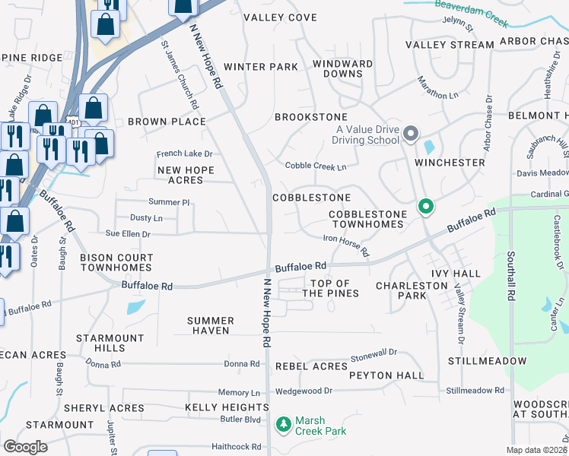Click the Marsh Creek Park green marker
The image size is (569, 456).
click(x=284, y=423)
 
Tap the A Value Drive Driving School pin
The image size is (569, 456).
click(x=412, y=135)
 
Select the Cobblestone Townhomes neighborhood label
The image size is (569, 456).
click(x=366, y=220)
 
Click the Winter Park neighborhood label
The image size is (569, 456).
click(x=261, y=67)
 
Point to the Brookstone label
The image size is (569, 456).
click(x=310, y=117)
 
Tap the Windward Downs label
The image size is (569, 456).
click(x=342, y=68)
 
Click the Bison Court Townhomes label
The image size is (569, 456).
click(x=116, y=263)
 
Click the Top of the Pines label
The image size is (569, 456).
click(x=330, y=288)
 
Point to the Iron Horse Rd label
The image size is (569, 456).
click(x=347, y=246)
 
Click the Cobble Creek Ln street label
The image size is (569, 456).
click(x=316, y=166)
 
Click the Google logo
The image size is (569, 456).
click(x=25, y=447)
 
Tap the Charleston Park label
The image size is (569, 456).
click(x=412, y=291)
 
